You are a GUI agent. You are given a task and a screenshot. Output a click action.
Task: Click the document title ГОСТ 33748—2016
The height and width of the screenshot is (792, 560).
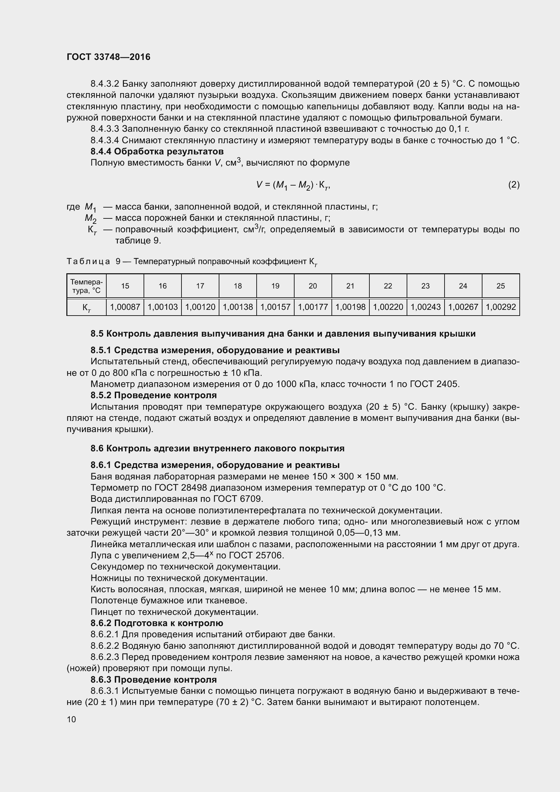tap(109, 57)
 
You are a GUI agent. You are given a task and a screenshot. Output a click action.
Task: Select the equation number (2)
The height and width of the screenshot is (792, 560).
tap(514, 185)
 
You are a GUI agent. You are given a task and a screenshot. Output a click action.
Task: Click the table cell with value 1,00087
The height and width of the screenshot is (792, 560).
tap(125, 307)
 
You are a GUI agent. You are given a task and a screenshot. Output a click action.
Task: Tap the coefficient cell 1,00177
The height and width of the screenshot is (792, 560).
tap(313, 307)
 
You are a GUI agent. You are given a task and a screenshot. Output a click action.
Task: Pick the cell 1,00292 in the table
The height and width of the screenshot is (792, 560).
tap(500, 307)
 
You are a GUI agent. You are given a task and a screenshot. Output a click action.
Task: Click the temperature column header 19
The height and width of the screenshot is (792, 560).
tap(275, 286)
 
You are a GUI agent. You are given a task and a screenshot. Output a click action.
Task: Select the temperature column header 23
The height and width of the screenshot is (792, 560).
tap(426, 286)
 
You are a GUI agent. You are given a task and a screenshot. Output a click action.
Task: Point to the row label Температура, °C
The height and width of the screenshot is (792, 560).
tap(86, 286)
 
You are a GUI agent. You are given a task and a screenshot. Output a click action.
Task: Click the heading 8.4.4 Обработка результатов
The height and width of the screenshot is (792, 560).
tap(157, 151)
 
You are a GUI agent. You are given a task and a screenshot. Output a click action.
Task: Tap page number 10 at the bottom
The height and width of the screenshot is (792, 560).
tap(71, 719)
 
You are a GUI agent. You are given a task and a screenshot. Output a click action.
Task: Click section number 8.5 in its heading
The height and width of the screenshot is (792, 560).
tap(97, 334)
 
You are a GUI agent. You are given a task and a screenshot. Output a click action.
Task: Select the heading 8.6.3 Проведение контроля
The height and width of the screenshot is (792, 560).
tap(153, 680)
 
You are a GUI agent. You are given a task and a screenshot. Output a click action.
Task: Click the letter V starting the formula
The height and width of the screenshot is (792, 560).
tap(259, 185)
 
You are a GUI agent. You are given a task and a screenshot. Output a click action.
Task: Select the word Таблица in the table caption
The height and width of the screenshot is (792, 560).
tap(88, 261)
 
